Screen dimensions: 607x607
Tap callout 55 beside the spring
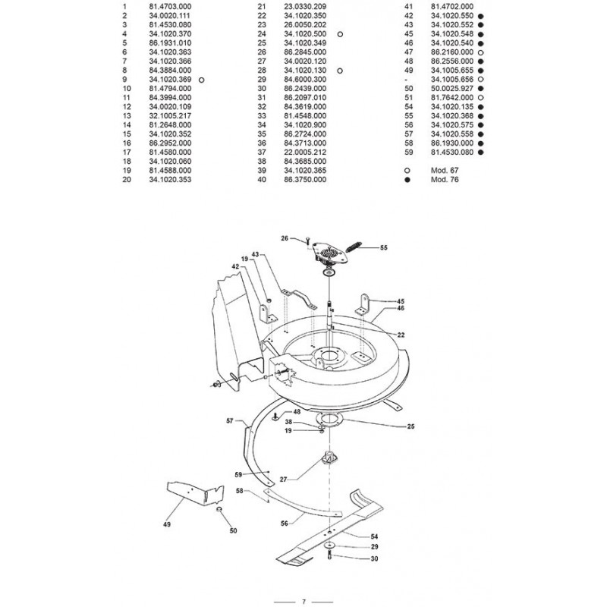382,247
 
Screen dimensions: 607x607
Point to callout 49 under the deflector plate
166,524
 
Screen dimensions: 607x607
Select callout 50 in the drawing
232,530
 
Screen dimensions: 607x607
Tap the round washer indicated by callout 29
330,546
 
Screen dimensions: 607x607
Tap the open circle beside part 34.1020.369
201,80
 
